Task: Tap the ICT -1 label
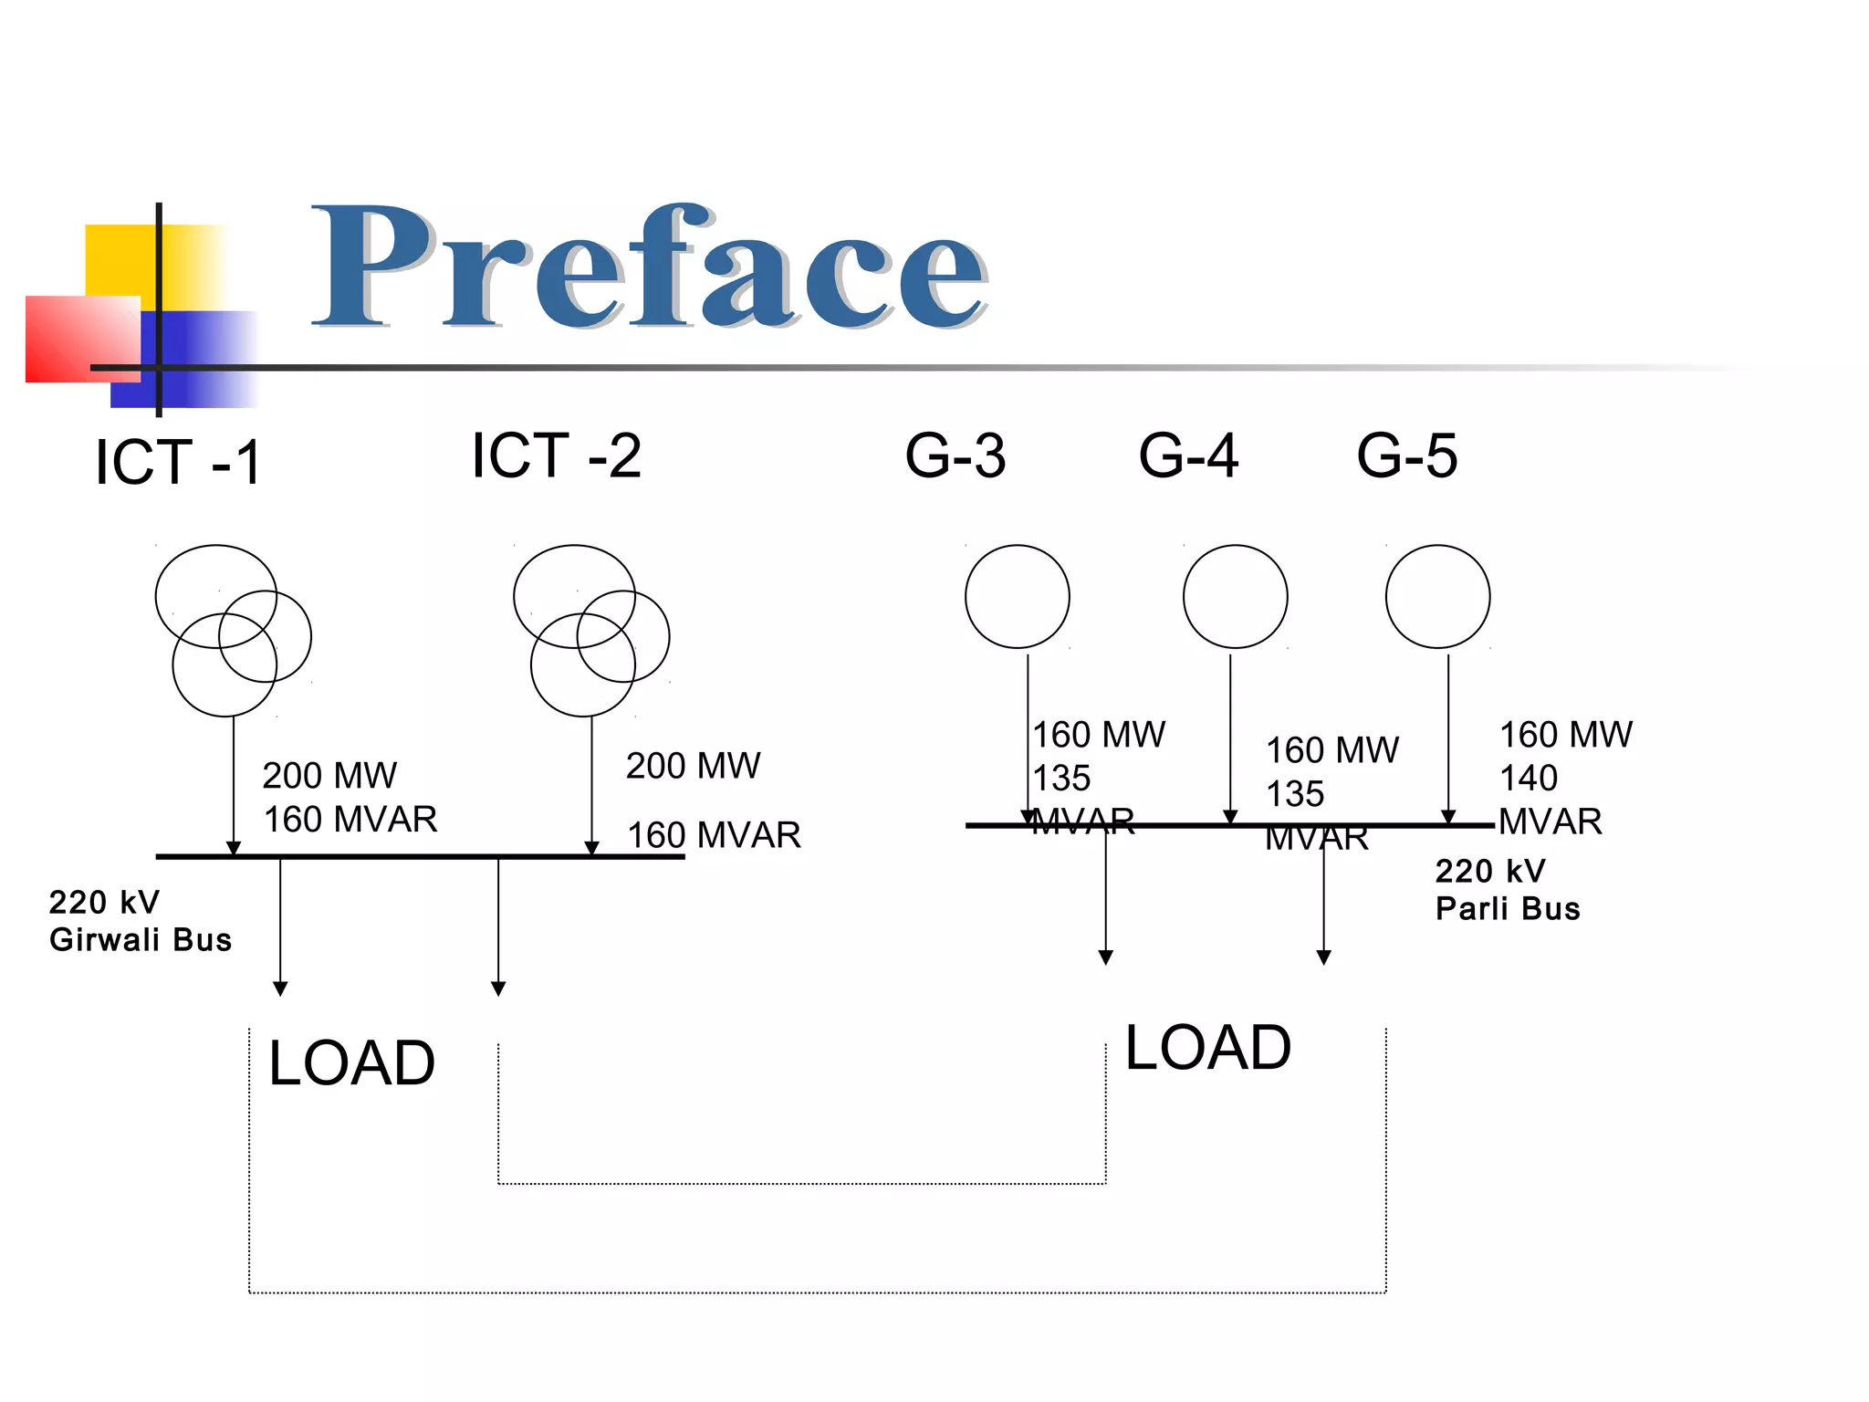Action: [179, 462]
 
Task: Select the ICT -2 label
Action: [556, 455]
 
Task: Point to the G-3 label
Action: [955, 455]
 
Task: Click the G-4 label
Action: [1188, 455]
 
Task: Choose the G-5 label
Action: [1407, 455]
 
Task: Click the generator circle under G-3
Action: [1017, 597]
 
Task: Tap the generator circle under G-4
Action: [1235, 597]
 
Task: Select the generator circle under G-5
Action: [1437, 597]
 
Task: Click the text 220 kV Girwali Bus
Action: [140, 921]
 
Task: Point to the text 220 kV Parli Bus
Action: [1507, 890]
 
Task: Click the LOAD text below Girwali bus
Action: [351, 1063]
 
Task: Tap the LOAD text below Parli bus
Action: [1207, 1047]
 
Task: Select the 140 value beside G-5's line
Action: [1529, 779]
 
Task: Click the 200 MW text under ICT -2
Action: [693, 766]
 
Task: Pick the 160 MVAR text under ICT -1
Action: [350, 820]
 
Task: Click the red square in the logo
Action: [82, 339]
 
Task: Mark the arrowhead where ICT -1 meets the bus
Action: [234, 848]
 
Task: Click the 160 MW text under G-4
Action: [1331, 750]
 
